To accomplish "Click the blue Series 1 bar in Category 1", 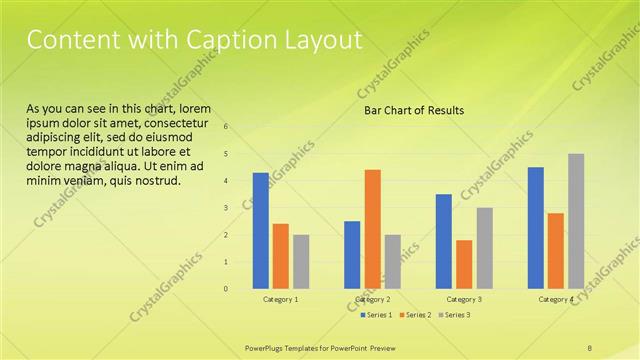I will [x=260, y=231].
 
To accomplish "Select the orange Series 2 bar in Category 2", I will [x=372, y=229].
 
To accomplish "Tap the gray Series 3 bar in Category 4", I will [x=576, y=221].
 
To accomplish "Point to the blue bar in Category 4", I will [x=536, y=228].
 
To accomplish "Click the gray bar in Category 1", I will [x=301, y=262].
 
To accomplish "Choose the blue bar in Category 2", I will [x=352, y=255].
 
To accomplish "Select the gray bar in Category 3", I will [x=484, y=248].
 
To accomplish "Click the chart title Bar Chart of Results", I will [x=414, y=110].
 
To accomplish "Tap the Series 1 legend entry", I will [x=376, y=315].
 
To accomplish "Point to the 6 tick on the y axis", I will [x=226, y=127].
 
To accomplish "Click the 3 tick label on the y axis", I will [x=226, y=208].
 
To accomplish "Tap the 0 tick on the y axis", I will [x=226, y=289].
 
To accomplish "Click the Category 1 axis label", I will [x=280, y=299].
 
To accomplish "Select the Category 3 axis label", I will [x=464, y=299].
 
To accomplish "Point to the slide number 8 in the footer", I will [x=590, y=347].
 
